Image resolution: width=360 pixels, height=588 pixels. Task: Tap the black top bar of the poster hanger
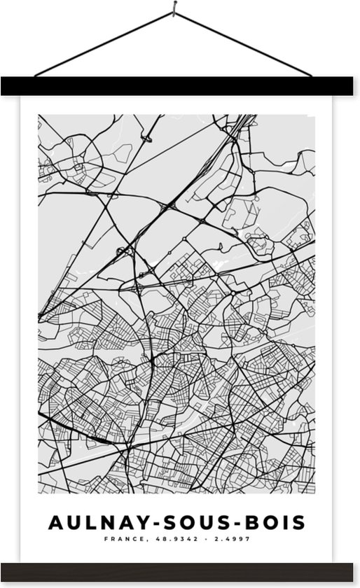pos(180,86)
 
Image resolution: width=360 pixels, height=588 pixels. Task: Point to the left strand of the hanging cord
pos(105,43)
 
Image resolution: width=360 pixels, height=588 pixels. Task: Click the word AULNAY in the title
pos(92,522)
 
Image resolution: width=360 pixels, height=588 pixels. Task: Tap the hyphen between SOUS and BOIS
pos(228,523)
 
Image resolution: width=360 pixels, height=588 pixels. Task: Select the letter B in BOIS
pos(247,522)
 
